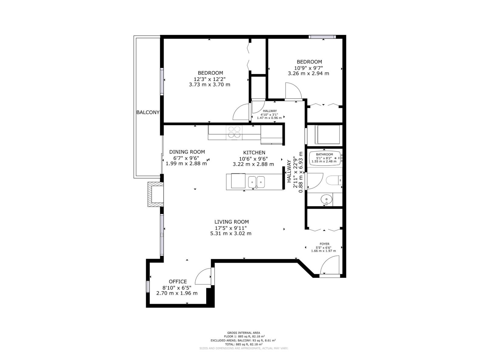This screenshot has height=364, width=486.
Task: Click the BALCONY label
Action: point(148,112)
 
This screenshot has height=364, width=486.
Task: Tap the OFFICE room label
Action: point(178,281)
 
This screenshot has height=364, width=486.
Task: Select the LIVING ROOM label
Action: point(231,222)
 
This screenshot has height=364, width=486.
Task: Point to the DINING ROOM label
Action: point(187,152)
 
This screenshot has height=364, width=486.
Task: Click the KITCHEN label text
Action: point(254,153)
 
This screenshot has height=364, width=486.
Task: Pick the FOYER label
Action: point(324,244)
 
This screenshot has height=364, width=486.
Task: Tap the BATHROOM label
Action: point(324,154)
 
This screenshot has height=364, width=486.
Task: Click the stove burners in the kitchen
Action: point(234,132)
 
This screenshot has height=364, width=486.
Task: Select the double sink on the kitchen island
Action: point(256,182)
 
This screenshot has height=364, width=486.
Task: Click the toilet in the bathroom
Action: point(334,180)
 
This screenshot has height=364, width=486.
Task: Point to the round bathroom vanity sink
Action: point(326,200)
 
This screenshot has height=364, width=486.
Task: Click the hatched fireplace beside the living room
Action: point(156,194)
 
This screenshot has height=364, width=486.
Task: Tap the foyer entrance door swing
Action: point(330,265)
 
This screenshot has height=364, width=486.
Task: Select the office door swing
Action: point(203,276)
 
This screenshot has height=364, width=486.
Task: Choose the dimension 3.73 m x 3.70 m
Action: point(210,84)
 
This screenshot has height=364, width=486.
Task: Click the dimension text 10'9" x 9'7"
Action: point(308,68)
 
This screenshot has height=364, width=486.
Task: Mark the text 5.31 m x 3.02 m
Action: point(231,233)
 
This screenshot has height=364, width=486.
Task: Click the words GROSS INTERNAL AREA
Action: point(244,333)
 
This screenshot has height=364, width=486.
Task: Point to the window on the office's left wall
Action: point(148,287)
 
